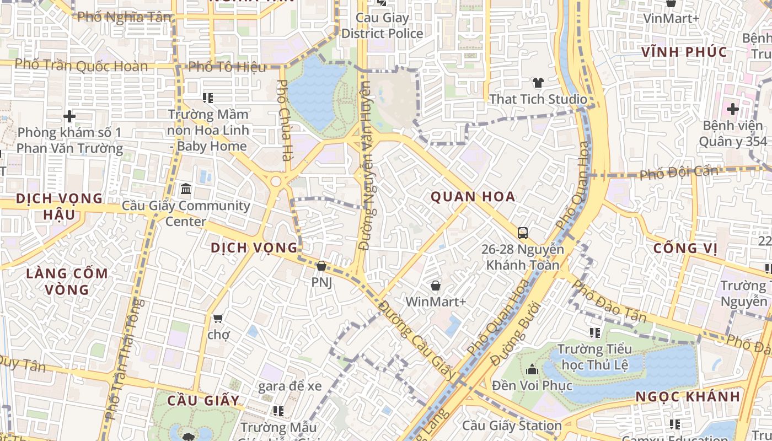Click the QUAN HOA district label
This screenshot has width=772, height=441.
(473, 197)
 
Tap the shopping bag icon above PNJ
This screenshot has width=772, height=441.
(321, 266)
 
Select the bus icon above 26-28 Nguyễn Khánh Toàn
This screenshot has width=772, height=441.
(523, 233)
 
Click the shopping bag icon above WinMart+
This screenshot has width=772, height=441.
(436, 286)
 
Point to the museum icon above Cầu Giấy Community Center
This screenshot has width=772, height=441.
(186, 190)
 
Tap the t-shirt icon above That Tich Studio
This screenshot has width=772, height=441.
(538, 83)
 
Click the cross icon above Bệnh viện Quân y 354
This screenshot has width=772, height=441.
(733, 109)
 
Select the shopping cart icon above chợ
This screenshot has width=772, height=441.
(218, 318)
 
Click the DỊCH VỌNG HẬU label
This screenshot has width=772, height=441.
(60, 206)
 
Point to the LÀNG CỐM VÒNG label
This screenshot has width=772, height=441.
(67, 281)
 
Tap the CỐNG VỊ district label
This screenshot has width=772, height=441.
(685, 249)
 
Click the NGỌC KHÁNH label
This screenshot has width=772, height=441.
(688, 397)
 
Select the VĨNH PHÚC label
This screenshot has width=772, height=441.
(684, 52)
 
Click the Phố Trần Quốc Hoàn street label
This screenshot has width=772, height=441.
(81, 66)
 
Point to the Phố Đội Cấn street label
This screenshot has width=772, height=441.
(679, 173)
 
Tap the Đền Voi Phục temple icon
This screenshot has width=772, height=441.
(532, 369)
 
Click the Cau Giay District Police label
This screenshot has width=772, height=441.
(382, 25)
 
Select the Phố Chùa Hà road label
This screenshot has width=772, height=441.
(285, 120)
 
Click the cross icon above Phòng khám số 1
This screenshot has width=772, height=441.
(69, 116)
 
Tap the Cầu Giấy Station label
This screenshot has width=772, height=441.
(512, 426)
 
